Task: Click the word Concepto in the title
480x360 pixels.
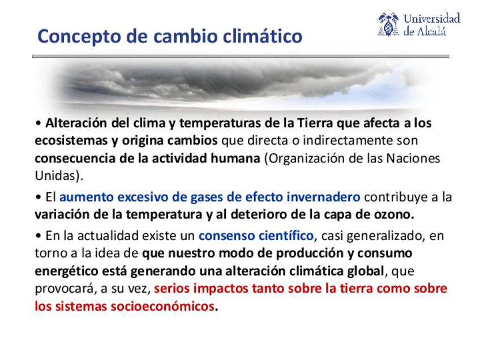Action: (79, 37)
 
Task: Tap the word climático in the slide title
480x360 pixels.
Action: (262, 36)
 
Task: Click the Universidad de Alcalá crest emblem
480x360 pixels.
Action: (388, 24)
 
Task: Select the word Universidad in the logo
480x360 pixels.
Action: (432, 18)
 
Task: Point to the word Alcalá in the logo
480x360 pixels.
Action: (432, 31)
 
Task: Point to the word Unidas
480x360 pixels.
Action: (55, 175)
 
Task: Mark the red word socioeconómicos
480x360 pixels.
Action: (162, 306)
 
